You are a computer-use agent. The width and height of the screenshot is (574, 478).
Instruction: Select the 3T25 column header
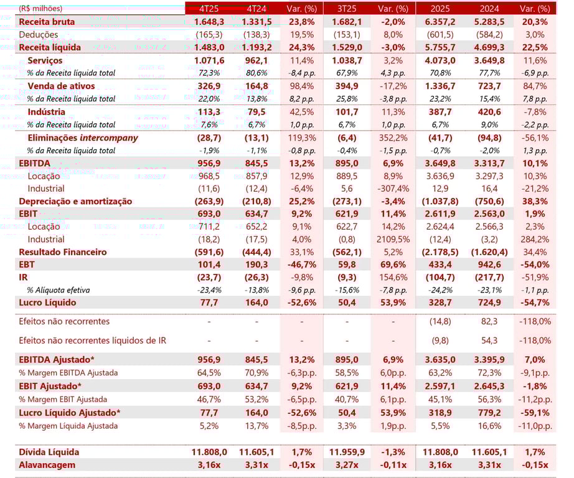tap(346, 9)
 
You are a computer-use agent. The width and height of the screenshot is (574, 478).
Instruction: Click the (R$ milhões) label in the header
tap(40, 9)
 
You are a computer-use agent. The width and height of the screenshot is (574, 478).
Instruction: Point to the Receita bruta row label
tap(47, 22)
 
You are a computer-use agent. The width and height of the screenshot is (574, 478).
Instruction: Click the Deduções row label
tap(39, 35)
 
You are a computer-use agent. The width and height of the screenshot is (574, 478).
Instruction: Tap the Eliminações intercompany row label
tap(83, 138)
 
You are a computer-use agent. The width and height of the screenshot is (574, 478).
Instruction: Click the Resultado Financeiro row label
tap(63, 252)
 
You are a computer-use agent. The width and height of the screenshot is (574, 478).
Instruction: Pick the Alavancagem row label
tap(47, 465)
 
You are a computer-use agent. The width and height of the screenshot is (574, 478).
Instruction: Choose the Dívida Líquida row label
tap(49, 452)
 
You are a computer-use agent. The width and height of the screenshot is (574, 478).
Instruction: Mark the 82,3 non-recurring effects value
tap(487, 321)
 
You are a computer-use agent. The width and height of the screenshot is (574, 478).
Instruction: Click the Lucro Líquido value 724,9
tap(487, 302)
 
